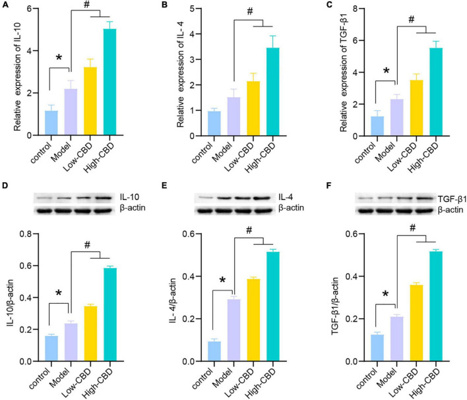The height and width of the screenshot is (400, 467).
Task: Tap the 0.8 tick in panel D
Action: point(24,234)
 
